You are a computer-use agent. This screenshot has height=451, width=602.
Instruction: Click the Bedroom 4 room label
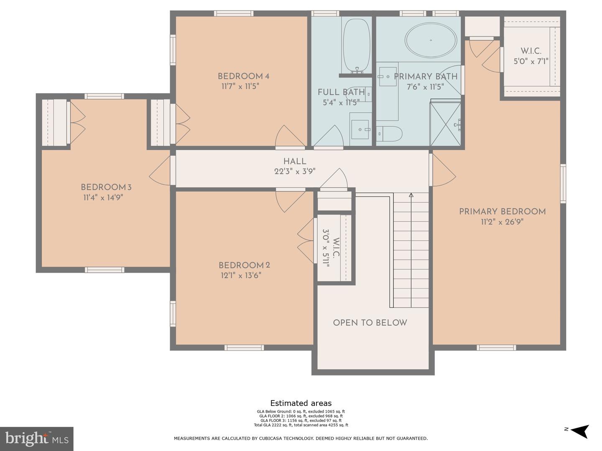243,76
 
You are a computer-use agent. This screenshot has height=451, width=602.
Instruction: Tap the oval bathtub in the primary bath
431,40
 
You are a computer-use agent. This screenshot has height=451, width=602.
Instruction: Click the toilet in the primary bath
390,134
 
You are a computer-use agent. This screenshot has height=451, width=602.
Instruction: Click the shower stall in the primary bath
446,123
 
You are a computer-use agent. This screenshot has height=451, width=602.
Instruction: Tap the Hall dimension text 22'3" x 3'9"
295,171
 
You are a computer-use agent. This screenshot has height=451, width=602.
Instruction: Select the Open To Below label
370,323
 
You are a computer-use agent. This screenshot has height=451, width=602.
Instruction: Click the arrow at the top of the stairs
411,195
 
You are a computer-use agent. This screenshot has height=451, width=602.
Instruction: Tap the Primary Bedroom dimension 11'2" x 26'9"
502,222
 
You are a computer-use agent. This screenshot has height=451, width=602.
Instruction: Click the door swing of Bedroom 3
160,171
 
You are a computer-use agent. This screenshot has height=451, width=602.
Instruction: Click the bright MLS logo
37,438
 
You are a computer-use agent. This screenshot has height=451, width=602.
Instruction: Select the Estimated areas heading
301,403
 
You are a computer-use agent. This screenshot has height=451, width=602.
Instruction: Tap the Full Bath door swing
329,136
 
